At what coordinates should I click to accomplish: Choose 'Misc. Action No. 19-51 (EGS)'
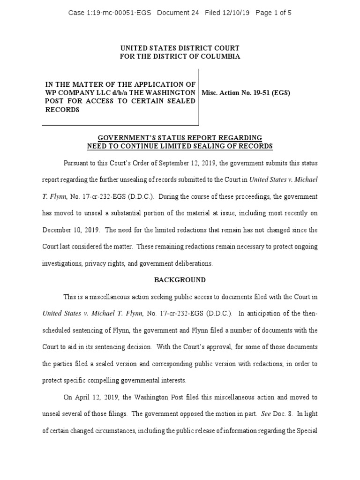[246, 93]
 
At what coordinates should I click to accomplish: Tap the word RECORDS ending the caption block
[61, 110]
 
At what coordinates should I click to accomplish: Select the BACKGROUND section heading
[180, 280]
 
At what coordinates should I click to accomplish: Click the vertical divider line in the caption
[199, 97]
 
